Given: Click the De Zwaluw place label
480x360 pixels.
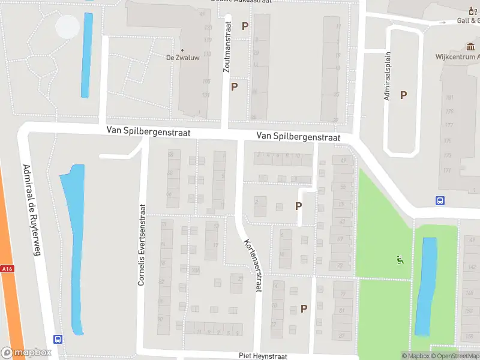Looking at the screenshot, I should pos(182,58).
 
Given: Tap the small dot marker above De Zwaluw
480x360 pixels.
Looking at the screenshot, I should pos(182,50).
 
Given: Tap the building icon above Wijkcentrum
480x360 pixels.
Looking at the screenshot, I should pos(470,47).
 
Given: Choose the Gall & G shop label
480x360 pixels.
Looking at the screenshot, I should pos(467,20).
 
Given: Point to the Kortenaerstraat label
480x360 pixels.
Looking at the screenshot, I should pos(253,265).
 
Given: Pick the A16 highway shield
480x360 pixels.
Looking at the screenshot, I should pos(7,269).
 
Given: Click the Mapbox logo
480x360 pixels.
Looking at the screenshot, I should pos(25,353).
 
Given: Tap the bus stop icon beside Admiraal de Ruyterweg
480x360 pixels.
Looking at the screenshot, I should pos(58,339).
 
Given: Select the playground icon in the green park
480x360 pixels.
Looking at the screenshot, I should pos(400,260).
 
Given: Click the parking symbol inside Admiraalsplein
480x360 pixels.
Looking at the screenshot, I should pos(404,95).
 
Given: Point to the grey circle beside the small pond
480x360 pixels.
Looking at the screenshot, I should pos(67,26).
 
